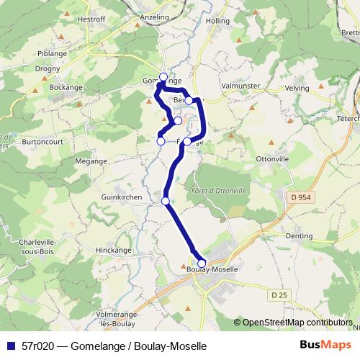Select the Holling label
pos(217,22)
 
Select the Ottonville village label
pos(274,158)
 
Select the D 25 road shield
pos(279,294)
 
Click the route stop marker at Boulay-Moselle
pos(202,263)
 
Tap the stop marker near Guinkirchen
pos(166,201)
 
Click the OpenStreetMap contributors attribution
pos(296,323)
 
